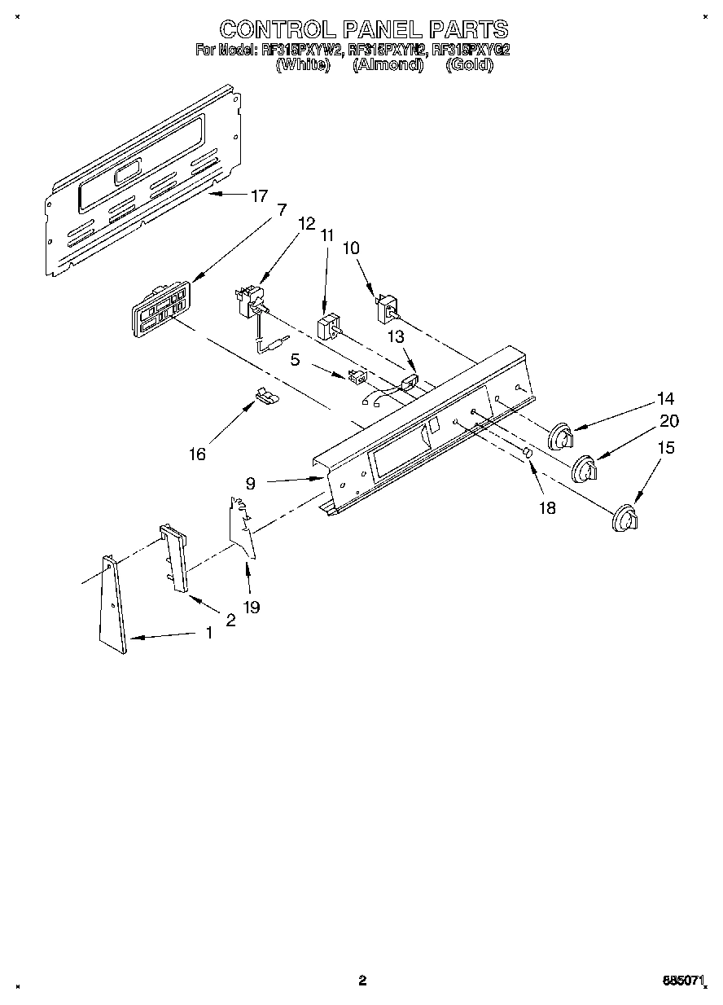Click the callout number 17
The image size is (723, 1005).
pyautogui.click(x=259, y=195)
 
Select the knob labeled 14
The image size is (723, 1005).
pyautogui.click(x=560, y=437)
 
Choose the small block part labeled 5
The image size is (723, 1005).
pyautogui.click(x=356, y=375)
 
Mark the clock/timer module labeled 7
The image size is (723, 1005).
pyautogui.click(x=161, y=308)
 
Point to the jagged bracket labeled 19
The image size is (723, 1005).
pyautogui.click(x=243, y=528)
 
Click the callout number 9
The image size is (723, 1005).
pyautogui.click(x=251, y=482)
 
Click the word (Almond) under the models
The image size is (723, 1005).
pyautogui.click(x=388, y=65)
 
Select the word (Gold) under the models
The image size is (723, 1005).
pyautogui.click(x=470, y=65)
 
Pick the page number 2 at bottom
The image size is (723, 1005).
pyautogui.click(x=363, y=981)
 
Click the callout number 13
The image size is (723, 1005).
pyautogui.click(x=394, y=337)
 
